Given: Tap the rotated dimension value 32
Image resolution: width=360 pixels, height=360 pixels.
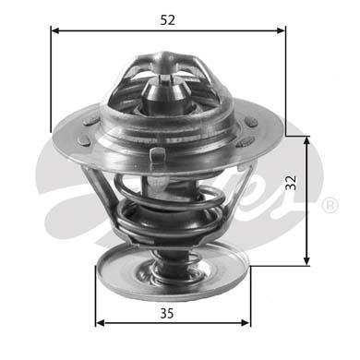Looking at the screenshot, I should tap(317, 184).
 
